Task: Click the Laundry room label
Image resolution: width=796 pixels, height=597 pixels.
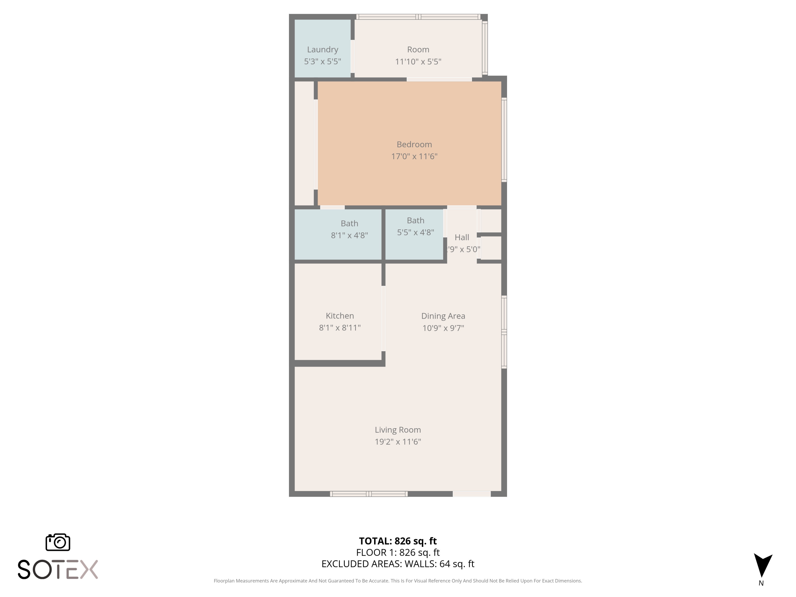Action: point(322,50)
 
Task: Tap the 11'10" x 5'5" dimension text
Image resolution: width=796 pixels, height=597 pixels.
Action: point(418,62)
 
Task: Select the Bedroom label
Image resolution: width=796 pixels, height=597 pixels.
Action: point(414,144)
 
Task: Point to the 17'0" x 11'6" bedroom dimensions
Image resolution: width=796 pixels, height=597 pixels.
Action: point(414,156)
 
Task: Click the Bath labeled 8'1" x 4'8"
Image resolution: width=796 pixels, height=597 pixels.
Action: point(349,223)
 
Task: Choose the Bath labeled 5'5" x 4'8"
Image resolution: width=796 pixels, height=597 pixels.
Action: point(415,220)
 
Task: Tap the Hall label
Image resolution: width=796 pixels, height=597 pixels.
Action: point(462,237)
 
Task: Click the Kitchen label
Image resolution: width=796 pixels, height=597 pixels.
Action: point(339,315)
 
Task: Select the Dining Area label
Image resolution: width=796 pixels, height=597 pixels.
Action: point(443,316)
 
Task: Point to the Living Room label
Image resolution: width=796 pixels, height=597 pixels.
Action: point(398,430)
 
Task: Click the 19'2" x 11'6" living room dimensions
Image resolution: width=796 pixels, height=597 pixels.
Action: point(398,442)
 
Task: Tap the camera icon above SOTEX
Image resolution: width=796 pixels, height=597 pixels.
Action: point(58,542)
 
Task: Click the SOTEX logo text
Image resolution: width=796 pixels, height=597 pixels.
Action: point(58,569)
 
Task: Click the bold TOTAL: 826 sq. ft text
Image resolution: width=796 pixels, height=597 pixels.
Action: point(398,541)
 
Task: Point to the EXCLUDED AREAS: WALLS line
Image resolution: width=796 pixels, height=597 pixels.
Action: point(398,564)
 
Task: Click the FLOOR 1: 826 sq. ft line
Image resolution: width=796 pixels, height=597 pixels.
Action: point(398,552)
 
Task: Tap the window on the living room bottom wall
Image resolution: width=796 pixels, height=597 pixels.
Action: point(369,494)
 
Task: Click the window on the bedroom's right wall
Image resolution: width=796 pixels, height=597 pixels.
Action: point(504,140)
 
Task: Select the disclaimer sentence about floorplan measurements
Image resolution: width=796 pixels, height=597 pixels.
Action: point(398,581)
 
